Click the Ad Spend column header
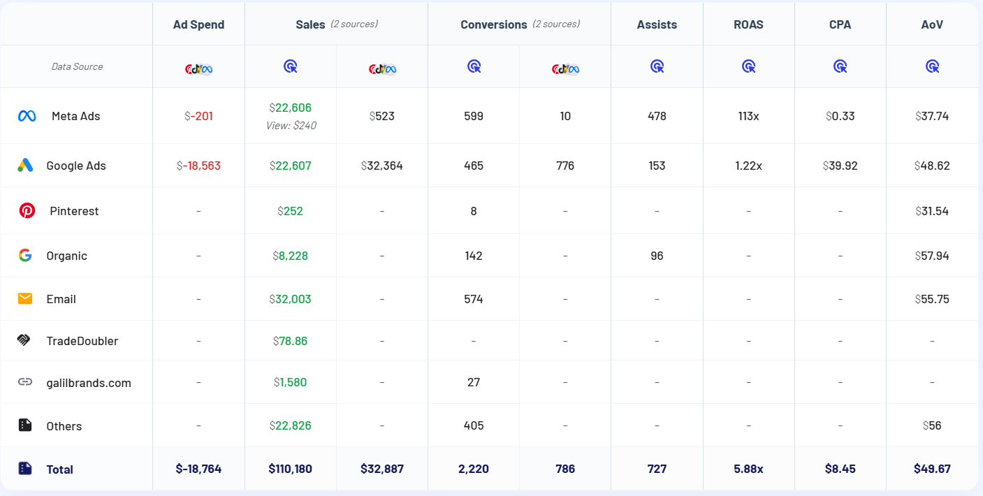click(x=198, y=24)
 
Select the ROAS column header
click(x=748, y=24)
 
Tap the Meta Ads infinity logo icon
click(x=27, y=116)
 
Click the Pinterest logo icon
click(x=27, y=210)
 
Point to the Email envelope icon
click(x=25, y=299)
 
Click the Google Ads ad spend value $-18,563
click(x=198, y=166)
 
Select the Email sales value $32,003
click(x=290, y=299)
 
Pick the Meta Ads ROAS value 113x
click(x=748, y=116)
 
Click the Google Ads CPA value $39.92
click(x=840, y=166)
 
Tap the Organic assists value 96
click(x=657, y=256)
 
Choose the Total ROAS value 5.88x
click(x=748, y=469)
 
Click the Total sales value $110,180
click(x=290, y=469)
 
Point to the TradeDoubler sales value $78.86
click(x=290, y=341)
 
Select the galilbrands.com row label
click(x=89, y=383)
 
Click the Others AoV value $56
click(x=932, y=425)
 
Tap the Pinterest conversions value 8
click(x=474, y=211)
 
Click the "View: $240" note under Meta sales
click(x=290, y=126)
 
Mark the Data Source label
click(x=77, y=66)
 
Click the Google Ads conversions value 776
click(x=565, y=166)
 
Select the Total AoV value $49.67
click(x=932, y=469)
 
